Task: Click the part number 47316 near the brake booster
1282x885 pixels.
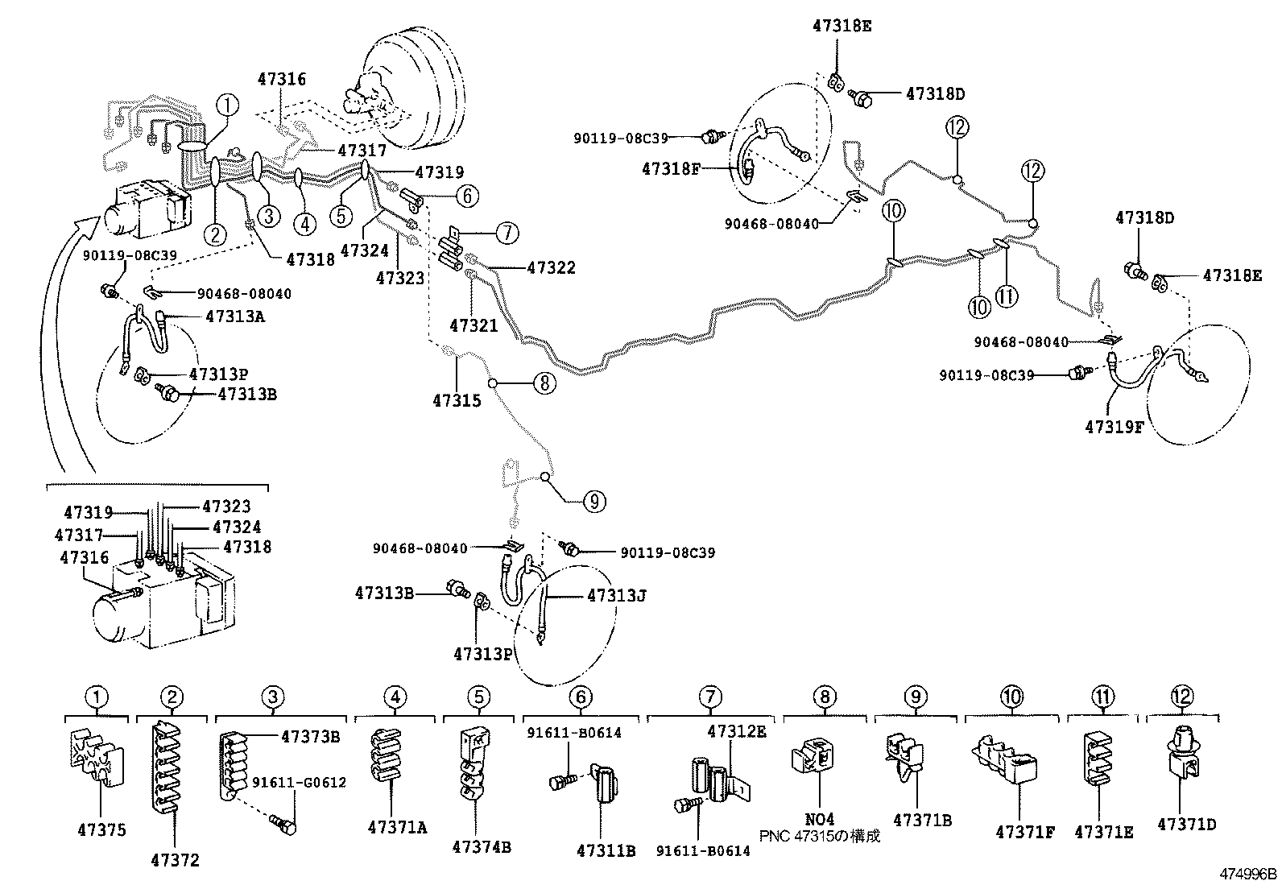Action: pyautogui.click(x=282, y=79)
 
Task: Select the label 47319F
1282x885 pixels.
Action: pyautogui.click(x=1114, y=427)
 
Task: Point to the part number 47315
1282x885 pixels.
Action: pyautogui.click(x=457, y=400)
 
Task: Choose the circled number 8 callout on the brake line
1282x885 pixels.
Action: pyautogui.click(x=544, y=383)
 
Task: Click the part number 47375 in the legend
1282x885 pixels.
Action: pyautogui.click(x=102, y=830)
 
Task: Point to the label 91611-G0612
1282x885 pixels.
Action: pyautogui.click(x=300, y=783)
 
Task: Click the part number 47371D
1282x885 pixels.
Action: pyautogui.click(x=1187, y=824)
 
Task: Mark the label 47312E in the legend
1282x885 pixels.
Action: pyautogui.click(x=737, y=732)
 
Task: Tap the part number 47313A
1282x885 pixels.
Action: pyautogui.click(x=235, y=316)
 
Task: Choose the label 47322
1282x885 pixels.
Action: pyautogui.click(x=552, y=267)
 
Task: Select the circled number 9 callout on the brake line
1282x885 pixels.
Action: pyautogui.click(x=593, y=502)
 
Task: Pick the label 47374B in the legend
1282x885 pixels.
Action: pyautogui.click(x=481, y=847)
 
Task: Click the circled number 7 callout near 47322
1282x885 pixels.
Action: pyautogui.click(x=507, y=234)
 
